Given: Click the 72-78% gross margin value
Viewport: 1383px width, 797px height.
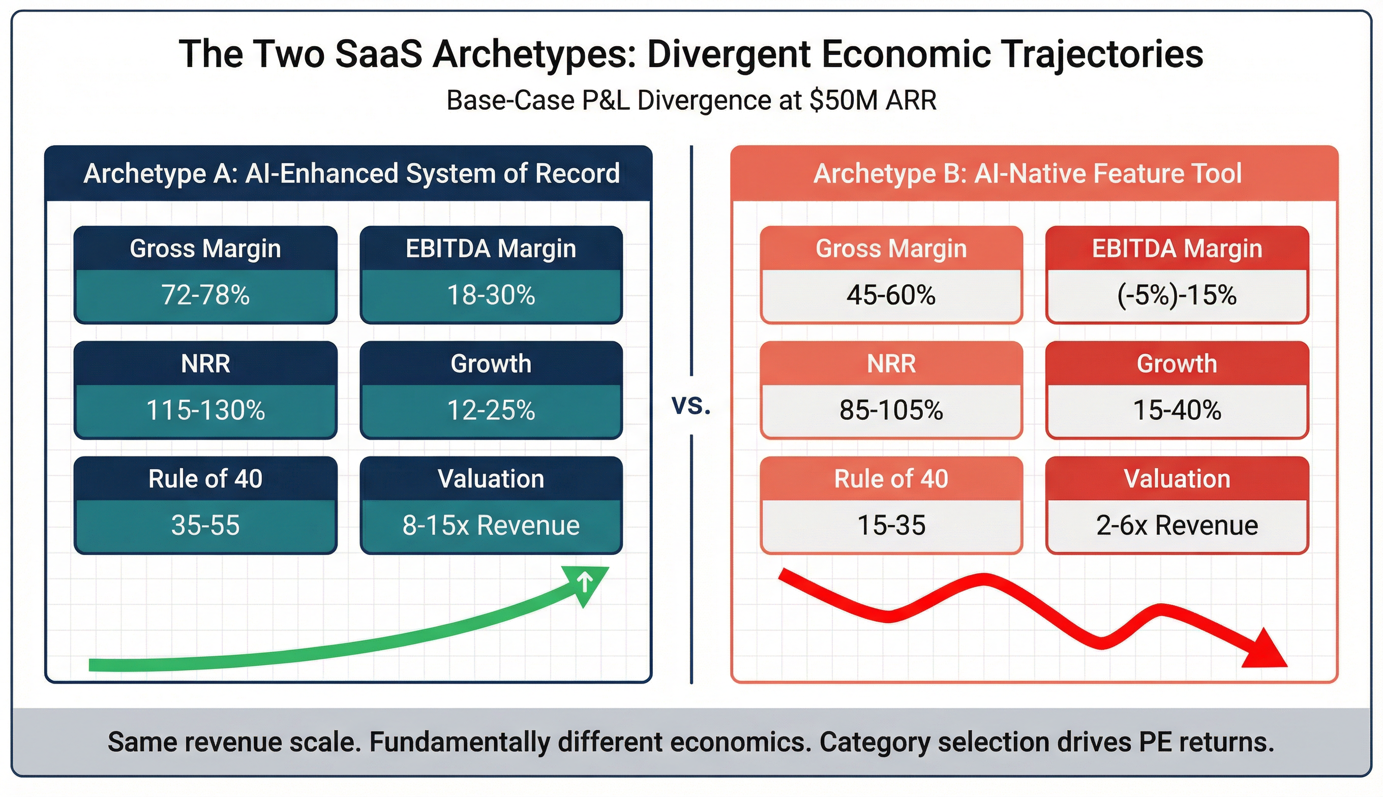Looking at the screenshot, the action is [x=205, y=295].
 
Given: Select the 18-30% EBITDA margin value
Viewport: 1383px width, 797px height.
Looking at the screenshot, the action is [x=491, y=295].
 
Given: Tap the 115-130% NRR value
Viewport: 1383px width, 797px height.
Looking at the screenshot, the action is [x=205, y=410].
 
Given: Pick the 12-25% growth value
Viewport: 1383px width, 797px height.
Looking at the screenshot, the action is [x=491, y=410].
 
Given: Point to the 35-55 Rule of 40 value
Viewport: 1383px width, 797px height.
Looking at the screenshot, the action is [x=205, y=525].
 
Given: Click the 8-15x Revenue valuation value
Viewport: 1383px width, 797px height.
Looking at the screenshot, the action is [x=491, y=525].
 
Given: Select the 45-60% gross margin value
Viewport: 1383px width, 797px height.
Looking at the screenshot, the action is [x=891, y=295].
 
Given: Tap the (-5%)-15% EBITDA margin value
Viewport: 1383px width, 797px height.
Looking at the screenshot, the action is [x=1177, y=295].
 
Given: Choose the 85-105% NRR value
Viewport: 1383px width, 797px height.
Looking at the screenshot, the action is [x=891, y=410].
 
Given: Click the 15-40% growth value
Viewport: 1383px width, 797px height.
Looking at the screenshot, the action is [x=1177, y=410].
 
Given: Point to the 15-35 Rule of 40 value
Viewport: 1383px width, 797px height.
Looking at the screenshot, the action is [x=891, y=525].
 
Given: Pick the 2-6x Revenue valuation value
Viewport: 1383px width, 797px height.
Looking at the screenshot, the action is [x=1177, y=525].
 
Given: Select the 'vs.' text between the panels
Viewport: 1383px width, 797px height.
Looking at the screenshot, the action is [x=691, y=406].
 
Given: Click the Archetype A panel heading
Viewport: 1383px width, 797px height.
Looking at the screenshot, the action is [x=351, y=173].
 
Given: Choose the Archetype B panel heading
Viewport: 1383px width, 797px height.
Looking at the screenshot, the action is [x=1028, y=173].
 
